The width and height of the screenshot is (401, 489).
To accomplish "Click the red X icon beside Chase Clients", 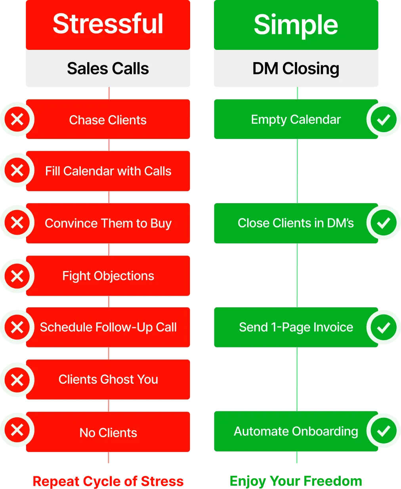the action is click(17, 119).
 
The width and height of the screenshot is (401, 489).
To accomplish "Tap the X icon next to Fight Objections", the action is click(17, 276).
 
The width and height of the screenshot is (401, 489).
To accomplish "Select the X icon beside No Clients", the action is click(17, 430).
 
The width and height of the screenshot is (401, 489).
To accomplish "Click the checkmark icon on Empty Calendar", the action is click(383, 119).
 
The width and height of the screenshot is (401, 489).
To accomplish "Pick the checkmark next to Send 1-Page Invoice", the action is click(383, 327).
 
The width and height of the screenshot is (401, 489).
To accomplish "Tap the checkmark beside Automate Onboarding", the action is click(383, 431).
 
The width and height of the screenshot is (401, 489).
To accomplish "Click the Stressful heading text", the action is click(108, 24).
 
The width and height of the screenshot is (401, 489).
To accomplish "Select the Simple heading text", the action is click(296, 25).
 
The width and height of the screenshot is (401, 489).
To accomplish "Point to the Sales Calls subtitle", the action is click(108, 68).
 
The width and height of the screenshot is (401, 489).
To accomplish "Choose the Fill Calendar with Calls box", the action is click(108, 171).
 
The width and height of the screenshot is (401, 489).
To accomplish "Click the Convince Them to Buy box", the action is click(108, 223).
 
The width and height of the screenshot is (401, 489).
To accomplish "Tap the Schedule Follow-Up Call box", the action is click(108, 327).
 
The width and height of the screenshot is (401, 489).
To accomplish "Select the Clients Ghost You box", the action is click(108, 379).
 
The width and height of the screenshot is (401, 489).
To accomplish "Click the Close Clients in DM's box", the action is click(296, 223).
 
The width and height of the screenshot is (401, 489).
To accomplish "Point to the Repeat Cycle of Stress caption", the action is click(108, 481).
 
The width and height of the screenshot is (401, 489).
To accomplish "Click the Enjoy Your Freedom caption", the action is click(296, 481).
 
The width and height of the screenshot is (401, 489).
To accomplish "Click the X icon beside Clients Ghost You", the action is click(17, 380).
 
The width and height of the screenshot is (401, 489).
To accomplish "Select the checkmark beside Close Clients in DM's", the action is click(383, 223).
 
